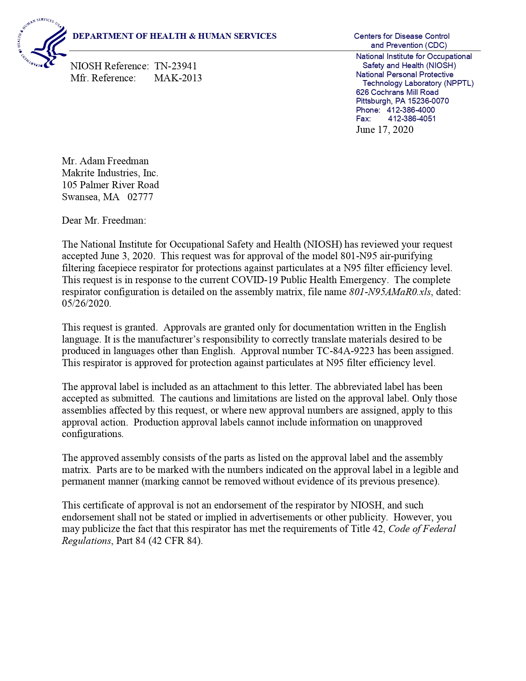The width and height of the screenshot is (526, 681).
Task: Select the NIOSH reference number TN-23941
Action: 175,66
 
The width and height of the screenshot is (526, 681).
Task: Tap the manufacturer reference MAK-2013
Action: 178,78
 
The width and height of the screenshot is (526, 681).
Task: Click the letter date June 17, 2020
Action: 384,130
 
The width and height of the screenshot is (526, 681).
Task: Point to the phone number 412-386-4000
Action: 410,110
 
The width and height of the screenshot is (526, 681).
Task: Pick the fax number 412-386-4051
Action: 412,119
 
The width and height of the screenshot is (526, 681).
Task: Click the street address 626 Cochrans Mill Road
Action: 397,92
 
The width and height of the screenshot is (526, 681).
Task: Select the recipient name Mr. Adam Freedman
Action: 105,161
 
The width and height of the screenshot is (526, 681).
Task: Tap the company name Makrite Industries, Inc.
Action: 110,173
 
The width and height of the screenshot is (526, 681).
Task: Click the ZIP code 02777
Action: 140,197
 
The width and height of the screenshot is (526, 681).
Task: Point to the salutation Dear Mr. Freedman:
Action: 104,220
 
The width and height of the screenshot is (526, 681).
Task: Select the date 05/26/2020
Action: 86,304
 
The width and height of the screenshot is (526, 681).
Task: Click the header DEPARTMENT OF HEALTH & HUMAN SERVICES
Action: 175,36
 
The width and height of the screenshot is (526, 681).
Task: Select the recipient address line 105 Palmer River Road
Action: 110,185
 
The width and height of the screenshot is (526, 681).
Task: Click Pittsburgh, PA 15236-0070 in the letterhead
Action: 402,101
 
